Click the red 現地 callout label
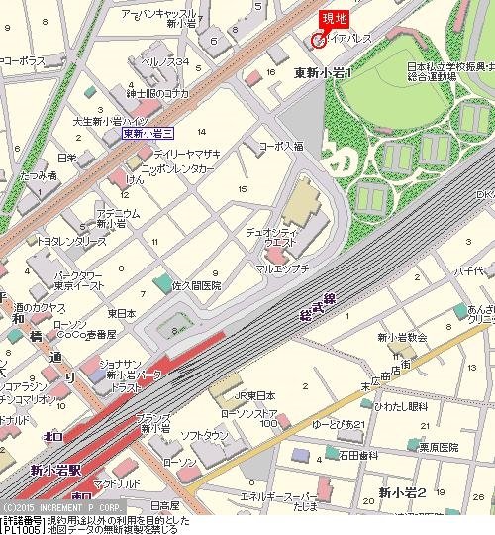333,18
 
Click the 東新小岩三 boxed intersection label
146,132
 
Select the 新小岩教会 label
401,337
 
